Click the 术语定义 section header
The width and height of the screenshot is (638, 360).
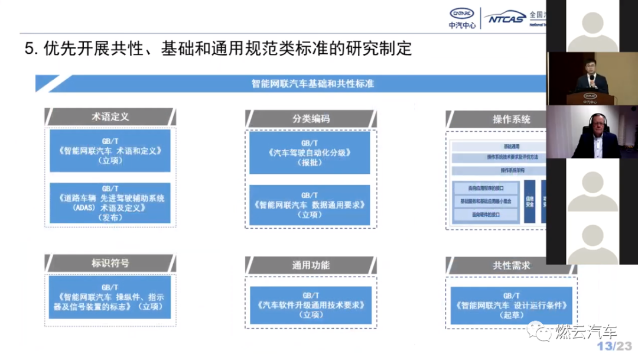click(x=110, y=117)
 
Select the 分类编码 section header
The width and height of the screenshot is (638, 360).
click(x=311, y=119)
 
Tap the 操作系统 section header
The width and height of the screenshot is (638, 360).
click(x=511, y=119)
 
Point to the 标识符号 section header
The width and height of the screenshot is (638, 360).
click(x=110, y=263)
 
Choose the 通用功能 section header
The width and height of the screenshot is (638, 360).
click(x=311, y=265)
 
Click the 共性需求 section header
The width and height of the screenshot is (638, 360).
click(x=511, y=265)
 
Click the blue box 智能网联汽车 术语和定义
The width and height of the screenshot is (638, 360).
click(x=110, y=151)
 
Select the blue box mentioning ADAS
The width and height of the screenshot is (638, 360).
click(x=110, y=203)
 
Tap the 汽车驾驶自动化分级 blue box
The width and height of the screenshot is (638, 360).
click(x=310, y=153)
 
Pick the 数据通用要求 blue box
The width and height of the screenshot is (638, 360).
click(x=310, y=205)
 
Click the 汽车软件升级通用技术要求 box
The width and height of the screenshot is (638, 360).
click(x=311, y=305)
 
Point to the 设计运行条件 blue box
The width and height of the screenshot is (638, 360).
click(x=511, y=305)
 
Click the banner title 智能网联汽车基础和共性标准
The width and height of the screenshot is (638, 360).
click(x=313, y=84)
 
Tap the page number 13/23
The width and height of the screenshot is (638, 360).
click(x=614, y=346)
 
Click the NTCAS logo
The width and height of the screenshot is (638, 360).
click(x=506, y=19)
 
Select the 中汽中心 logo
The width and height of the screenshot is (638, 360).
click(x=462, y=18)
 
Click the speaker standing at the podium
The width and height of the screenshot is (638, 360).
click(x=592, y=77)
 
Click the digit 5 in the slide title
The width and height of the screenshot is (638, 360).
click(x=29, y=48)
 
